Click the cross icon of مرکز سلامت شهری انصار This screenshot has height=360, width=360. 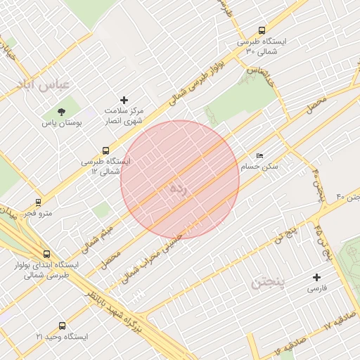[x=125, y=101]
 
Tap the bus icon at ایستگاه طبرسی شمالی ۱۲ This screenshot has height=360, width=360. [x=105, y=150]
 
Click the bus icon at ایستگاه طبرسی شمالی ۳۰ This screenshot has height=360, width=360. [x=262, y=31]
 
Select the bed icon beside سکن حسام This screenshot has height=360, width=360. [x=260, y=156]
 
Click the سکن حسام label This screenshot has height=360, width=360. [x=259, y=167]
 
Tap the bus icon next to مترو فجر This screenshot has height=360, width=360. [x=38, y=202]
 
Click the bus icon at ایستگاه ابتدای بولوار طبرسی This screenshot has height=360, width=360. [x=47, y=254]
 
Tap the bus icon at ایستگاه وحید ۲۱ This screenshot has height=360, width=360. [x=63, y=326]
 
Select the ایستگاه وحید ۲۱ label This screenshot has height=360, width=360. [x=63, y=337]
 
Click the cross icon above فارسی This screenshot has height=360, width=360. [x=316, y=277]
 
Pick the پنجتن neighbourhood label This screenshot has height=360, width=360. [x=267, y=283]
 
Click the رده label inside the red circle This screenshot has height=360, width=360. [x=177, y=188]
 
